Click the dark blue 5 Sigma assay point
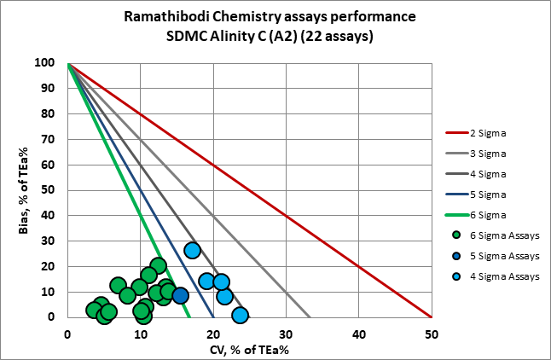tap(180, 296)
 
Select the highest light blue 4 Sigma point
tap(193, 250)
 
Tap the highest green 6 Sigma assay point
tap(158, 265)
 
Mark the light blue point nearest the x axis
tap(241, 315)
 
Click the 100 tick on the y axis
tap(49, 63)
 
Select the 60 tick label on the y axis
tap(52, 165)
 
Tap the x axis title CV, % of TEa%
tap(249, 348)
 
